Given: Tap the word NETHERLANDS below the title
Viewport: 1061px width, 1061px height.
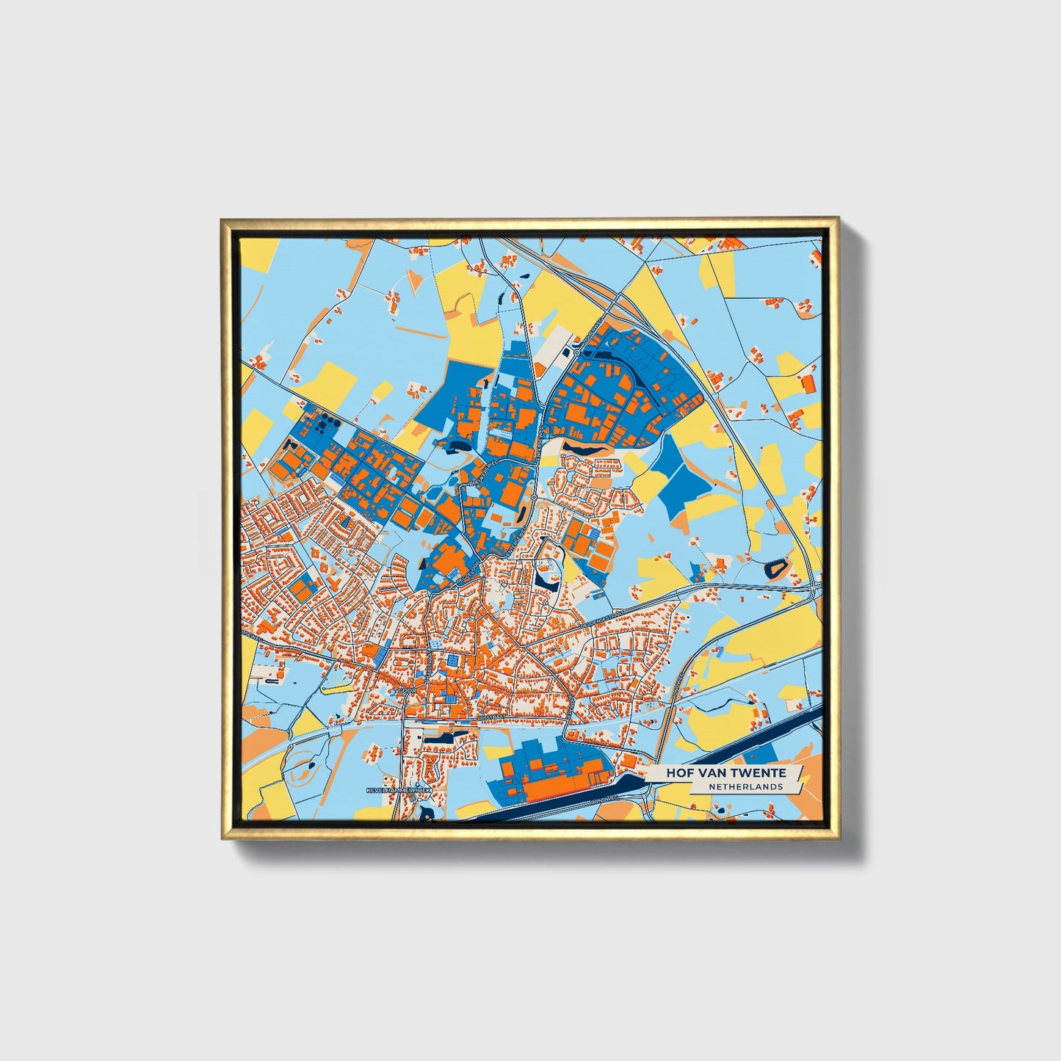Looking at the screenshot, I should (745, 786).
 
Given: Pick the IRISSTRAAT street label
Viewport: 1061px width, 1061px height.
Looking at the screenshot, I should (492, 712).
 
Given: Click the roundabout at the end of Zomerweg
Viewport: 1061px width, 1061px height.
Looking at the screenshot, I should (577, 352).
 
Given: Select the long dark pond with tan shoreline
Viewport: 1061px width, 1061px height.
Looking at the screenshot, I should (587, 445).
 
